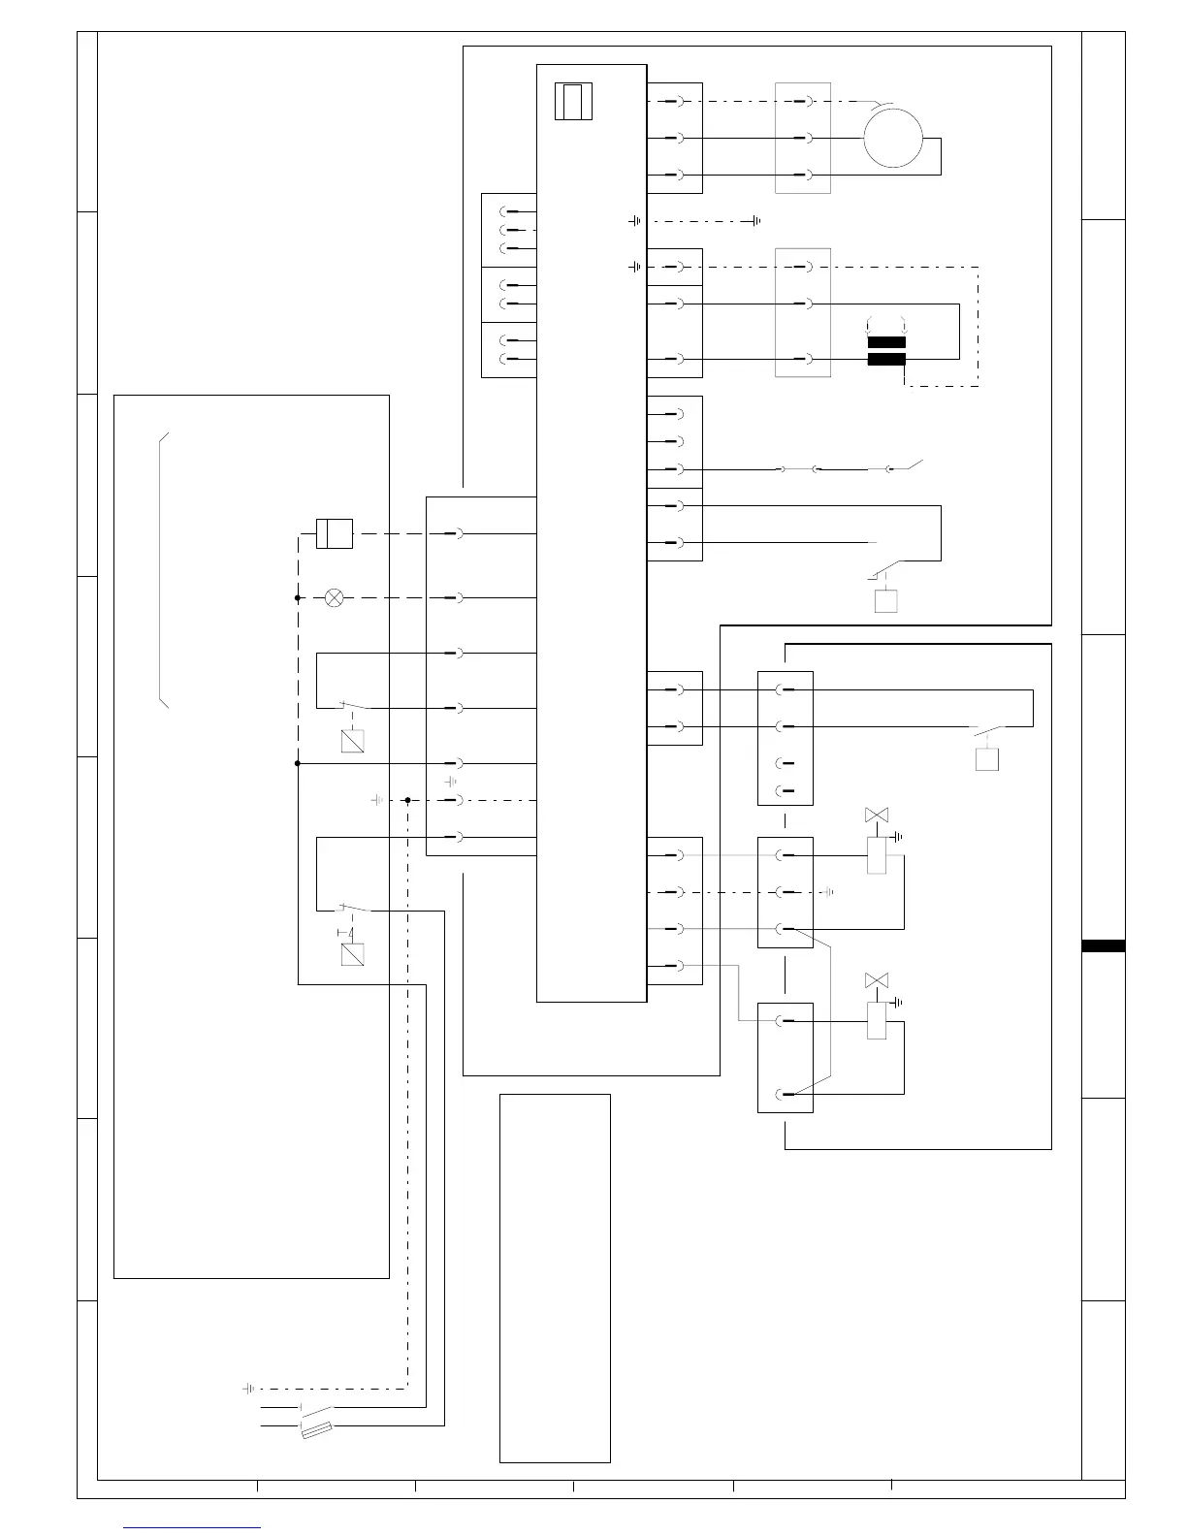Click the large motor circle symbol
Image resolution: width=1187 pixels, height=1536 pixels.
[x=892, y=138]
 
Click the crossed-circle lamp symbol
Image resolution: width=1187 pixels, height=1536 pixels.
[x=334, y=598]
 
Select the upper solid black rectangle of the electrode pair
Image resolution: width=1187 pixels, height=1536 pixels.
[x=886, y=342]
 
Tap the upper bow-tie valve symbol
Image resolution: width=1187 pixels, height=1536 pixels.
[x=877, y=816]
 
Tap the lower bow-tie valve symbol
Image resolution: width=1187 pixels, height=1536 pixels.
[x=877, y=981]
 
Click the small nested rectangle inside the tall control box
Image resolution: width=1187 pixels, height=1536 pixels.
[x=573, y=102]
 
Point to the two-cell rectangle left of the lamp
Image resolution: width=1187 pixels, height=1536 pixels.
[x=335, y=533]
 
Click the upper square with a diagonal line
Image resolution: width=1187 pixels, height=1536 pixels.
[x=352, y=741]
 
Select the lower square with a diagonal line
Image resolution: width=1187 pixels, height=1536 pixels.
[x=352, y=954]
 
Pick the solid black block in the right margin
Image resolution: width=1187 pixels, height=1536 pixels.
[x=1104, y=945]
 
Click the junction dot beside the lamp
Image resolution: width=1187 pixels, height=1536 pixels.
[x=298, y=598]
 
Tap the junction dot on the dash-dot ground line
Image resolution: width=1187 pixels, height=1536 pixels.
[x=407, y=800]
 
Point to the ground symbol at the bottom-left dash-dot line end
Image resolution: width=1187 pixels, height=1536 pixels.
[x=248, y=1389]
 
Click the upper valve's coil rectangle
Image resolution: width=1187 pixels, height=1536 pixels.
[x=877, y=855]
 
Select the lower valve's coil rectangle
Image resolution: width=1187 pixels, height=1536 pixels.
[x=877, y=1021]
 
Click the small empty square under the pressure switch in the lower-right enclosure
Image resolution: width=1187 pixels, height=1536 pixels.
[x=987, y=758]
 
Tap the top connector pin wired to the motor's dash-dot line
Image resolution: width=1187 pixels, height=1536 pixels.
[x=679, y=101]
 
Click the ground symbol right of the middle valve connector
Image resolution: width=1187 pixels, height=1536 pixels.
[x=828, y=892]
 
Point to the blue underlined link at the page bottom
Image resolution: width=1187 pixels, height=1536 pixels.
[x=193, y=1527]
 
